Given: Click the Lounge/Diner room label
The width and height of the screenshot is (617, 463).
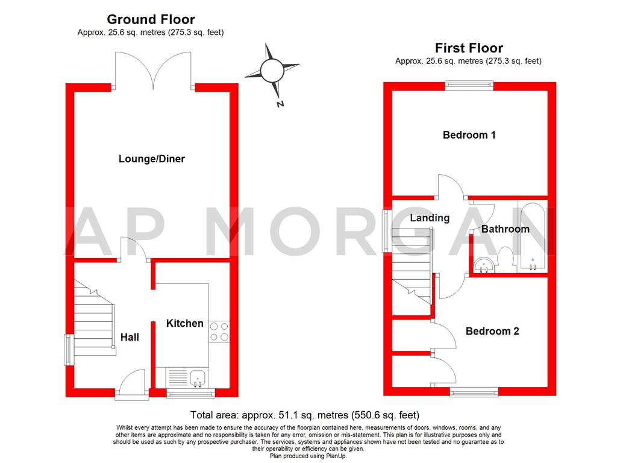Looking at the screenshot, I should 152,159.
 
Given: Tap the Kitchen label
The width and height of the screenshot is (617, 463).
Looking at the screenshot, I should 185,324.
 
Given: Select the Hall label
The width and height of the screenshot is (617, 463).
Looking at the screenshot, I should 130,337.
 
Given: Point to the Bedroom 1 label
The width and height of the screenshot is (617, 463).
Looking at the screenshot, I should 469,135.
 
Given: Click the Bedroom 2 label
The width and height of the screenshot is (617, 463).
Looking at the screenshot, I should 492,331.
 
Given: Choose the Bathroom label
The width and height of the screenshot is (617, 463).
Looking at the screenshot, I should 505,229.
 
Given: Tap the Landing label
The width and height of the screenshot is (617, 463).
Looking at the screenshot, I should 430,218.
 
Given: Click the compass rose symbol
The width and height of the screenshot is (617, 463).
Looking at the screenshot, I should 272,71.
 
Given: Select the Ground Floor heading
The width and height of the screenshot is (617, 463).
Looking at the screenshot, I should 151,20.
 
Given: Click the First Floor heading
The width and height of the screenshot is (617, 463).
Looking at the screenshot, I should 469,48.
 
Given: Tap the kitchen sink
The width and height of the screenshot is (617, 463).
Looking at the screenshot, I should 198,378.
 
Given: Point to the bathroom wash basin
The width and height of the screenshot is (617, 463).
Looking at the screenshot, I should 483,264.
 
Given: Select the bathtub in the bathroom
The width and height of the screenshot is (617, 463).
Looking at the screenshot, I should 533,237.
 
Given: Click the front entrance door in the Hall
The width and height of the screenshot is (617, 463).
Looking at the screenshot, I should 133,385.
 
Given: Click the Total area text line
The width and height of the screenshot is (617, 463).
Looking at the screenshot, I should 304,415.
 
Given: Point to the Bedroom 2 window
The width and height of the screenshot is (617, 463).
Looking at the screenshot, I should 474,392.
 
